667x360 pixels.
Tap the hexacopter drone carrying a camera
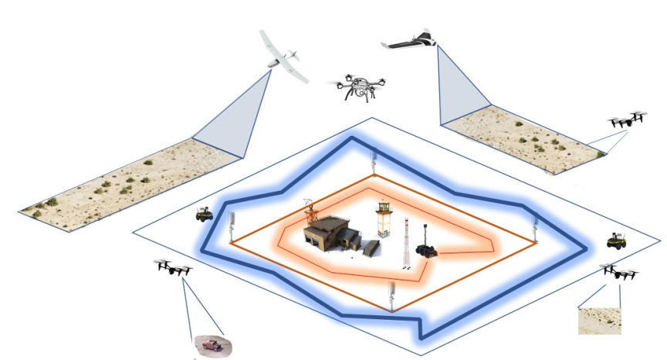(x=358, y=87)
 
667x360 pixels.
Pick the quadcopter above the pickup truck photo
(x=174, y=269)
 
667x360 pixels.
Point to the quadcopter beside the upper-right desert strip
(x=628, y=121)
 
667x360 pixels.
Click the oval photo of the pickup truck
(x=209, y=345)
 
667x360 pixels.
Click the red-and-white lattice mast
(x=406, y=244)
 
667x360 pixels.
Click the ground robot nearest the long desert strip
(x=204, y=214)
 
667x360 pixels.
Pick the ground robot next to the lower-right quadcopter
(x=615, y=240)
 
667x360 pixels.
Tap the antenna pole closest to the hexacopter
(x=372, y=161)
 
